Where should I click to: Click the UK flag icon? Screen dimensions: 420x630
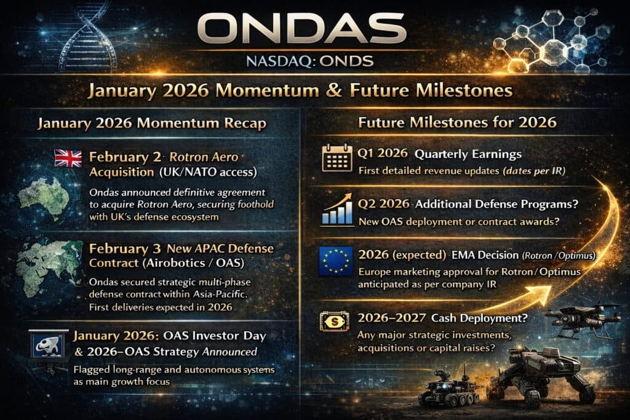[x=67, y=159]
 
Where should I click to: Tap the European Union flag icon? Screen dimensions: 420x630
[x=336, y=261]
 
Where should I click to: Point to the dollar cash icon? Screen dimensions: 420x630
[x=336, y=322]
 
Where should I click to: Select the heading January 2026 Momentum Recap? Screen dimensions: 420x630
[x=151, y=124]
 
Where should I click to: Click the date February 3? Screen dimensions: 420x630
[x=121, y=250]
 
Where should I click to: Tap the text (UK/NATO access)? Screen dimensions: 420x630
[x=209, y=170]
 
